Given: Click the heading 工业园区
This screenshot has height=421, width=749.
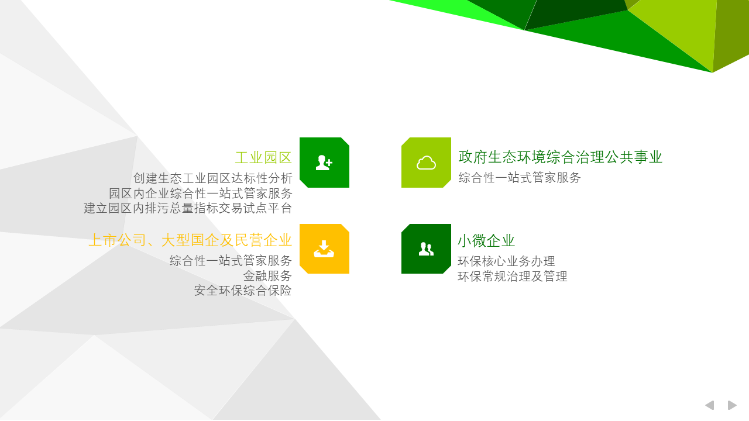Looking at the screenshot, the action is tap(263, 158).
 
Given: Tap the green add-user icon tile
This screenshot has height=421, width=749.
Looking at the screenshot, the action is tap(324, 163).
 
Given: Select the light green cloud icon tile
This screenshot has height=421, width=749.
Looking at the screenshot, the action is tap(426, 163).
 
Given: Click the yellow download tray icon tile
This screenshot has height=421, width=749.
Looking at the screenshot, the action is tap(324, 249).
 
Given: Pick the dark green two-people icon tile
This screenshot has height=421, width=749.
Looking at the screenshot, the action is tap(426, 249).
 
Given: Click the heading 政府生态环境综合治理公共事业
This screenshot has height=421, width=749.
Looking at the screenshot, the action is tap(560, 157).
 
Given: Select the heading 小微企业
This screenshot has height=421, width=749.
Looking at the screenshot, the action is tap(486, 240).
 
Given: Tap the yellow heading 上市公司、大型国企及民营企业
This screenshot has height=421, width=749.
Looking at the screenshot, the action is tap(190, 240).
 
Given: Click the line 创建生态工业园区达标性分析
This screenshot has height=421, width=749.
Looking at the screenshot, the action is tap(212, 178).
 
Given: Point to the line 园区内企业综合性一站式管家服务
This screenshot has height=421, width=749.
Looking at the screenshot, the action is tap(201, 193).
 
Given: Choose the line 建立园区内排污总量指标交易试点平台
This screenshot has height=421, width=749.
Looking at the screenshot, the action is tap(188, 208).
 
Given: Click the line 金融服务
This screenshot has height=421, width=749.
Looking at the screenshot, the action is tap(267, 275).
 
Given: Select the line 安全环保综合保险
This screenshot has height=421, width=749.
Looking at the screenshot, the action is tap(243, 291).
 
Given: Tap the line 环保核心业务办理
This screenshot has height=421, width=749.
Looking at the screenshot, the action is tap(506, 261).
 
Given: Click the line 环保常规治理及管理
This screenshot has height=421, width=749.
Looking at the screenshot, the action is tap(512, 277).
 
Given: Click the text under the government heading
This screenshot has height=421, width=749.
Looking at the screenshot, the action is tap(520, 177).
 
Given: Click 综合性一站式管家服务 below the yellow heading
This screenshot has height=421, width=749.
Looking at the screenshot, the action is tap(231, 260).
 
